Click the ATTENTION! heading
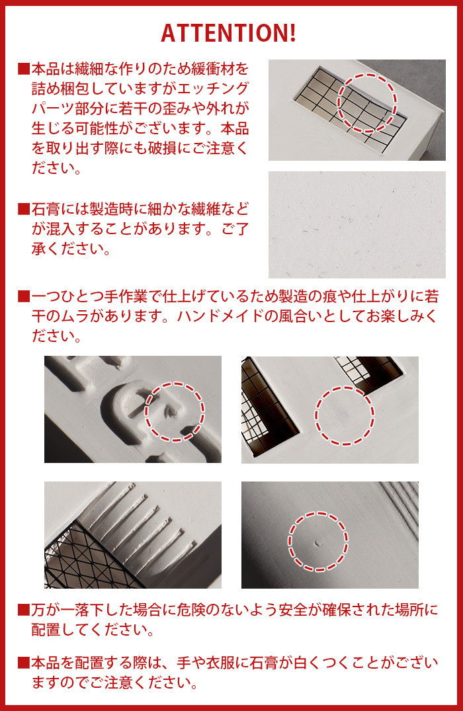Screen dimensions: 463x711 [229, 33]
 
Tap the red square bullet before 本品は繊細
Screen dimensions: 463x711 [24, 69]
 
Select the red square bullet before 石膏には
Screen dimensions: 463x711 [24, 209]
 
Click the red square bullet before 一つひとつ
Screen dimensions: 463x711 [24, 296]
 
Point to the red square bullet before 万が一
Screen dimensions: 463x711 [24, 610]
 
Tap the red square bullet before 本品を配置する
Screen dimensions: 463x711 [24, 663]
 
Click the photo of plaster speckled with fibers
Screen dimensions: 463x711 [357, 224]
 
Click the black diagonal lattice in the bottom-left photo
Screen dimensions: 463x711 [86, 558]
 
